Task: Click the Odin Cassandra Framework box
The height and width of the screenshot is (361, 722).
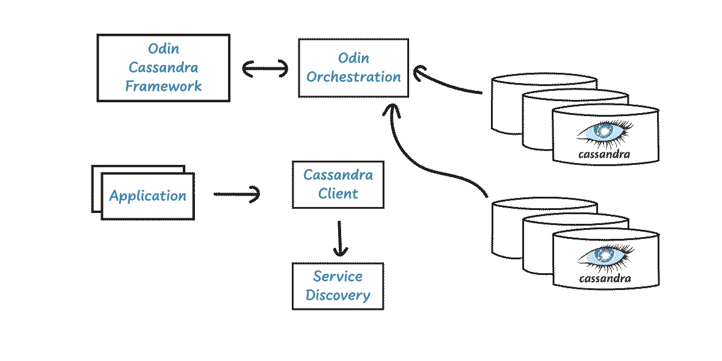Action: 163,67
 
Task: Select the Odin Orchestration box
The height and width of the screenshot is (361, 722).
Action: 353,67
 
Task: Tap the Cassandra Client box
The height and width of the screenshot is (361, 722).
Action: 338,184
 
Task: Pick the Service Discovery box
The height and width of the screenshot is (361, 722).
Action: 338,286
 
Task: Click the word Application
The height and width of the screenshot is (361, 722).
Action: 148,196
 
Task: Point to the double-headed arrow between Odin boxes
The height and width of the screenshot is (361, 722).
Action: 265,69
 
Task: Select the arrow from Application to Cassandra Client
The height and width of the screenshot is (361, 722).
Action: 236,194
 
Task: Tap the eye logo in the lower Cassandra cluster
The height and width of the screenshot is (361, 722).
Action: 605,256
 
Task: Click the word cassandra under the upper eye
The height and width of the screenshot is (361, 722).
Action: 604,154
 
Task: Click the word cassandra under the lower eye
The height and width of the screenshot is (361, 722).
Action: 605,279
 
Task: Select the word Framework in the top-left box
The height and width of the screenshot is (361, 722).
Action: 164,86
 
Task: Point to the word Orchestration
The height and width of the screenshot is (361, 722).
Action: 353,77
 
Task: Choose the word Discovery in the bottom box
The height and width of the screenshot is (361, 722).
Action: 338,295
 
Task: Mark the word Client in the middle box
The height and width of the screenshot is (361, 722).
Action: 338,194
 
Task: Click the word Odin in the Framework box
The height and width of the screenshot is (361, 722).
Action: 164,48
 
